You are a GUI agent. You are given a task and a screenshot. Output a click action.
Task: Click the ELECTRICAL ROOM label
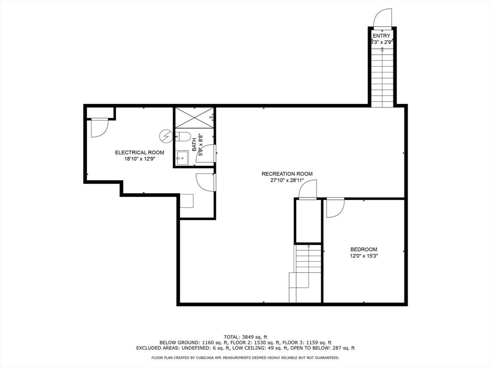[140, 153]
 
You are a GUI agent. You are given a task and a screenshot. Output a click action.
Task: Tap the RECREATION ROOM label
[287, 174]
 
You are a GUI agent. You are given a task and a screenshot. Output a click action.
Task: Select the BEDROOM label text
[363, 249]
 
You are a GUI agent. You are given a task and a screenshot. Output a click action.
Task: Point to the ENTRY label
[381, 35]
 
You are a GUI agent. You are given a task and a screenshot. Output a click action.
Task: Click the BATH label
[194, 145]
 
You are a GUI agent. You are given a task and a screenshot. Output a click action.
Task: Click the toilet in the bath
[183, 137]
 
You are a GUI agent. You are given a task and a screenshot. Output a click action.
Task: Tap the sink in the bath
[182, 158]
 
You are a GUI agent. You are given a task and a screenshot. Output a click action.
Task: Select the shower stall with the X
[195, 118]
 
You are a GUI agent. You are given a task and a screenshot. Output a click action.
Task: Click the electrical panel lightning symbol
[165, 136]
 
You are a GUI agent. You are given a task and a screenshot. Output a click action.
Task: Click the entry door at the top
[383, 18]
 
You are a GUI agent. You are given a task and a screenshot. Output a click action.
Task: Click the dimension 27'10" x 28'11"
[287, 180]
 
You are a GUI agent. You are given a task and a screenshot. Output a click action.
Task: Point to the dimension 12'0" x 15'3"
[363, 256]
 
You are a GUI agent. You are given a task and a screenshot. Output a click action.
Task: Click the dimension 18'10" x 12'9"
[140, 159]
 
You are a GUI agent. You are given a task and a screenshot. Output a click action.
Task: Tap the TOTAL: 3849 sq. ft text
[245, 337]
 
